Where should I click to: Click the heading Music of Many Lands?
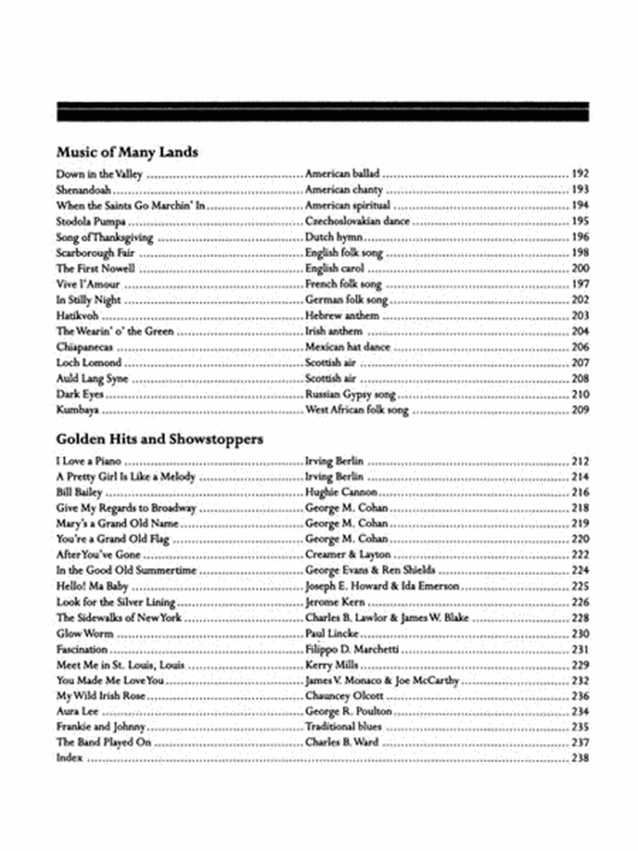(127, 152)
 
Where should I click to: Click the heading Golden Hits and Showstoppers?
(159, 439)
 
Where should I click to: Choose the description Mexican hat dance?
(347, 347)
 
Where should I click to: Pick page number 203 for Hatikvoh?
(579, 316)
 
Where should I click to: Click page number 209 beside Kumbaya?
(579, 410)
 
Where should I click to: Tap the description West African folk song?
(357, 410)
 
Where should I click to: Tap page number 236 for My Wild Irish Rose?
(579, 696)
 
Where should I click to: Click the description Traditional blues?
(343, 728)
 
